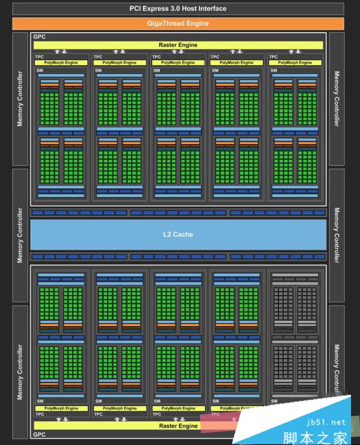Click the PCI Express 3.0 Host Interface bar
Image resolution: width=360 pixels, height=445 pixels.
(x=178, y=8)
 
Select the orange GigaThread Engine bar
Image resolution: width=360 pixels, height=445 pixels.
(x=178, y=23)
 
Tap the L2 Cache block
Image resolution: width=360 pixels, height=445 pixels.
(x=178, y=234)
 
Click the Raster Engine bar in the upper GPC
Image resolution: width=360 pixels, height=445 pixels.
(x=178, y=45)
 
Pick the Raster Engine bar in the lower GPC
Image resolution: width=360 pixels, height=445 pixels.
(x=178, y=426)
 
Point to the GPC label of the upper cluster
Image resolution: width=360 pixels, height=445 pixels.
(x=40, y=37)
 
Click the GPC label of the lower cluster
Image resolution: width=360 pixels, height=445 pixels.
(x=40, y=434)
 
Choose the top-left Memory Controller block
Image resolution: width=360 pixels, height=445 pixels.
(x=20, y=99)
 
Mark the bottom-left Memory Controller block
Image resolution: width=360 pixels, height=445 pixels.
(x=20, y=371)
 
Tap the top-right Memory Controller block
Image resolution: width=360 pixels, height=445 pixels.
(x=337, y=99)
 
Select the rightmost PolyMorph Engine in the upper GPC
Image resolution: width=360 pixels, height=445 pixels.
(x=295, y=62)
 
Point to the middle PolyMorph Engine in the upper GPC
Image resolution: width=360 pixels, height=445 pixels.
(x=178, y=62)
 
